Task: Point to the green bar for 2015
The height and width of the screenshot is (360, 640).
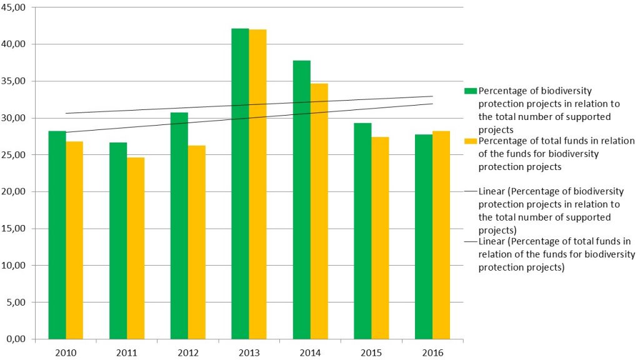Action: pyautogui.click(x=362, y=231)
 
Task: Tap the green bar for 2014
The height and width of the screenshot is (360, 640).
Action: pyautogui.click(x=301, y=199)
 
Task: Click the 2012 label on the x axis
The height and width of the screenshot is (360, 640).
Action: pyautogui.click(x=187, y=352)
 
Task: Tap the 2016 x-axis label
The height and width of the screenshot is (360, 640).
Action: pyautogui.click(x=432, y=352)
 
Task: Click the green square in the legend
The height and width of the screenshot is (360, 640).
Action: pyautogui.click(x=471, y=91)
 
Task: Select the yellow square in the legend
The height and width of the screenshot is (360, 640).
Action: pyautogui.click(x=471, y=140)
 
